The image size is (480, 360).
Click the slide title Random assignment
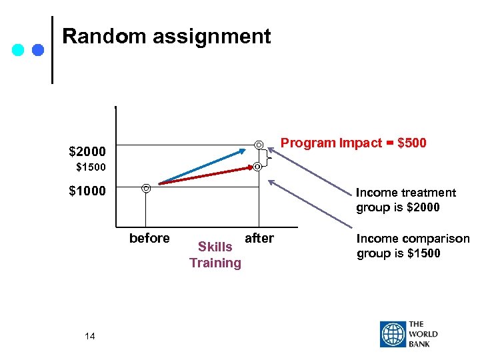tap(167, 36)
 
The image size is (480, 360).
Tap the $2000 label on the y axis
tap(87, 151)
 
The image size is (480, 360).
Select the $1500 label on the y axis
tap(91, 166)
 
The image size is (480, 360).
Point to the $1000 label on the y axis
tap(87, 191)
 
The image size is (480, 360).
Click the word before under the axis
tap(149, 239)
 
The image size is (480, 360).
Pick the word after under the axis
tap(259, 239)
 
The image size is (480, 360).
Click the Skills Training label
tap(215, 255)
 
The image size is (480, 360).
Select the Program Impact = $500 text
tap(353, 143)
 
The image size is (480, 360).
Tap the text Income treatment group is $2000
tap(405, 200)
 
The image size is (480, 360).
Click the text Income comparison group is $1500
tap(413, 246)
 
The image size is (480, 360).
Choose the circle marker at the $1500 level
tap(257, 166)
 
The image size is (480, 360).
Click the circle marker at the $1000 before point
tap(146, 189)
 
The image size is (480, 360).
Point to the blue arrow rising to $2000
tap(200, 167)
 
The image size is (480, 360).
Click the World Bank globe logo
tap(393, 335)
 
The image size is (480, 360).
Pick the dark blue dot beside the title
tap(37, 50)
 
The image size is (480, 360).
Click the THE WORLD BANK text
tap(424, 335)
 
